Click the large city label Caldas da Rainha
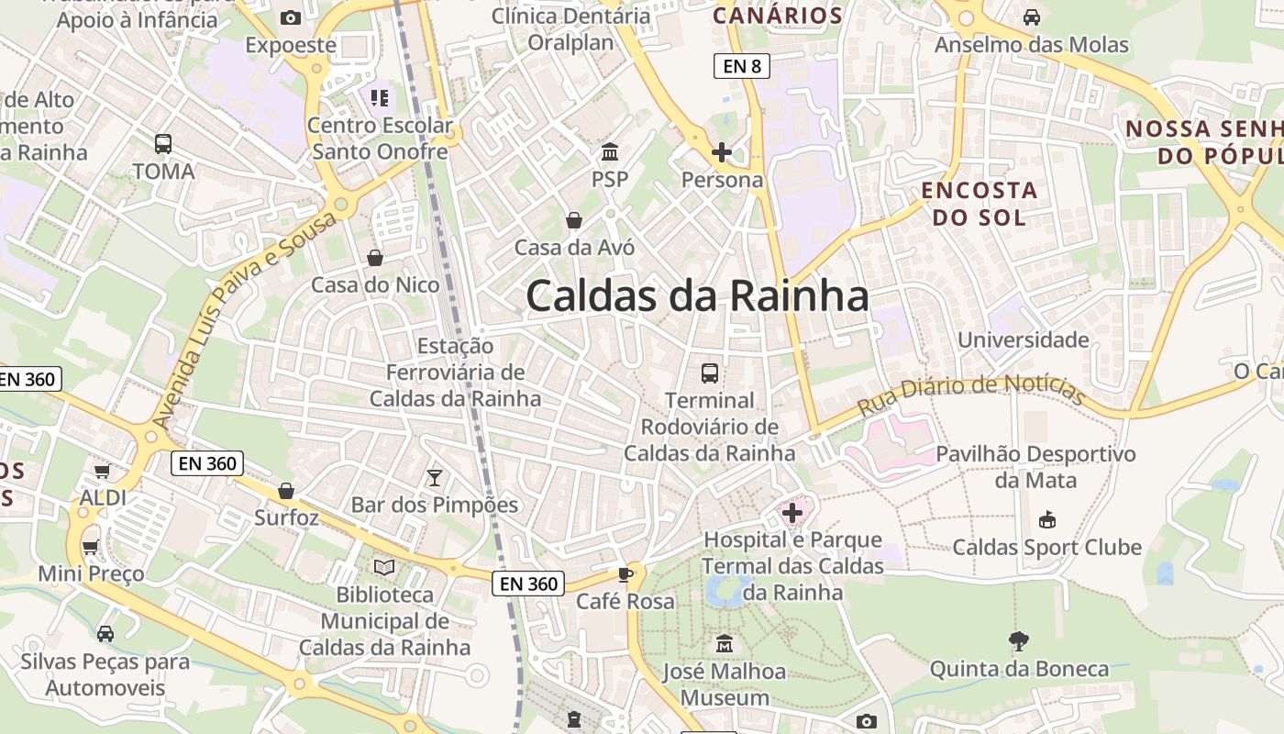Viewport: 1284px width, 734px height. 697,296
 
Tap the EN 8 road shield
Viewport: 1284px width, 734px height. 741,66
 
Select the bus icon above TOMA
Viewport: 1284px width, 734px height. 163,143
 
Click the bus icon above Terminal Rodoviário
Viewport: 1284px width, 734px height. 710,373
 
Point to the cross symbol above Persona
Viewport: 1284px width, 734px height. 722,151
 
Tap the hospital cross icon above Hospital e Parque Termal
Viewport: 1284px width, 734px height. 792,513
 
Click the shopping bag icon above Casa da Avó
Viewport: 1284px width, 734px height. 574,220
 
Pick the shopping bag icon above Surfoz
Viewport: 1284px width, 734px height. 286,491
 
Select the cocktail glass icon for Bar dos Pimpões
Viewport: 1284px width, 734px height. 435,477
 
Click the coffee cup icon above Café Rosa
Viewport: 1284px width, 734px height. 625,574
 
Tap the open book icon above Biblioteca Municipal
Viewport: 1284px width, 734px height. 384,568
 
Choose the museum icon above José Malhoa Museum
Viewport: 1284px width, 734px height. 725,643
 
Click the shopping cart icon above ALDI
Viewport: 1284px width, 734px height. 103,471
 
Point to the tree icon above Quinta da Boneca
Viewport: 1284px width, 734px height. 1018,640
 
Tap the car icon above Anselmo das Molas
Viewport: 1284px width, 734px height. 1032,17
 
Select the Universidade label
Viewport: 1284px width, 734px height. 1023,340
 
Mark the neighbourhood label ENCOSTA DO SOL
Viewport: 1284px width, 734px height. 979,204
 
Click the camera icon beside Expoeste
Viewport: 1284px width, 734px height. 291,17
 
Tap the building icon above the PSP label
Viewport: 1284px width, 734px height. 610,151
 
